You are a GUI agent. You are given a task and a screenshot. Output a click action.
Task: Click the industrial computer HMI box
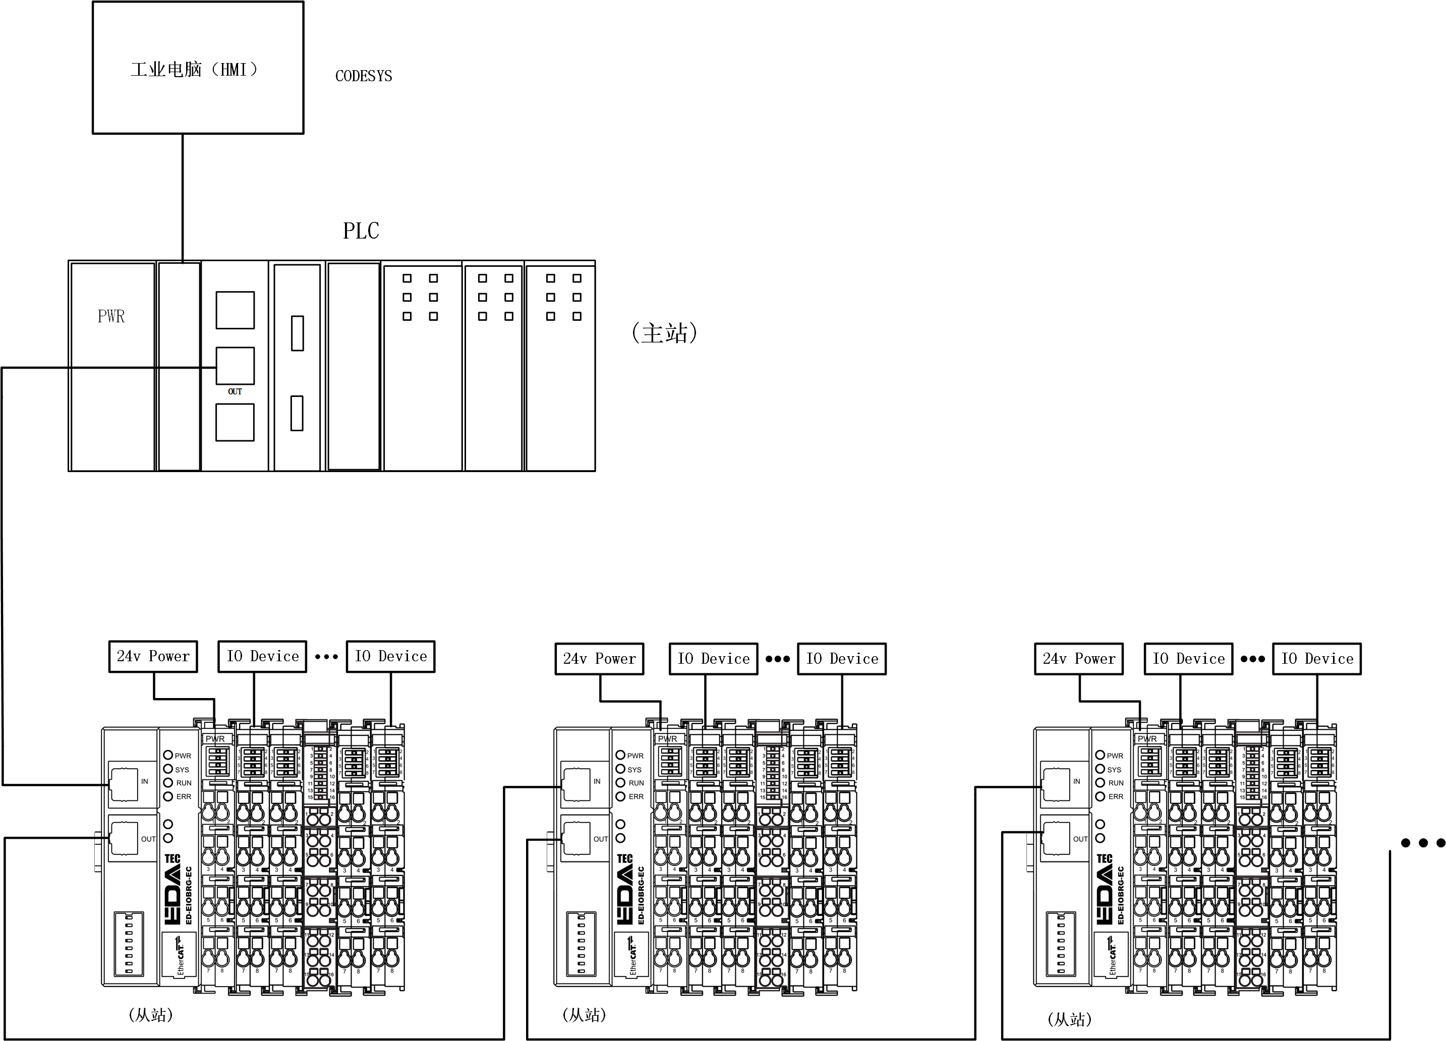pos(198,68)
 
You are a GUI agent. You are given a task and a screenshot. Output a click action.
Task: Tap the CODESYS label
pos(364,76)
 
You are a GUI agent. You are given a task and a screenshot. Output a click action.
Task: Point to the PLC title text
pos(361,231)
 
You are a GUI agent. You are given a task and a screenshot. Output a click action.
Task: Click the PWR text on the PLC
pos(111,316)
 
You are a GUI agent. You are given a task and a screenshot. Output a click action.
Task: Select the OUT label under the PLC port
pos(235,391)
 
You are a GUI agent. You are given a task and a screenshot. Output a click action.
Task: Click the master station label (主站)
pos(664,333)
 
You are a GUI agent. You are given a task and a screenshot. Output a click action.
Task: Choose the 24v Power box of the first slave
pos(153,657)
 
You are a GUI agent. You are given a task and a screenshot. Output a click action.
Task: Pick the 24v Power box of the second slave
pos(599,659)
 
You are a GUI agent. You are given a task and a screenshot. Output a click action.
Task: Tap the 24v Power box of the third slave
pos(1079,659)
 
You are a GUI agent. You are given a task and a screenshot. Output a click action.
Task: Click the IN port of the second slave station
pos(576,784)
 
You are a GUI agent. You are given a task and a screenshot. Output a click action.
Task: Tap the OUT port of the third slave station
pos(1056,838)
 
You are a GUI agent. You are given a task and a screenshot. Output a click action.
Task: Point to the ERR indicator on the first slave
pos(168,796)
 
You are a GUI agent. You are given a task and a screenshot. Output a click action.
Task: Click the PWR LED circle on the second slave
pos(620,755)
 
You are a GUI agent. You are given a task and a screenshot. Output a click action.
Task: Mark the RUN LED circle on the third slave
pos(1100,782)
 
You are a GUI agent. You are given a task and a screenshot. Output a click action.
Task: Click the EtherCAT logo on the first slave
pos(179,954)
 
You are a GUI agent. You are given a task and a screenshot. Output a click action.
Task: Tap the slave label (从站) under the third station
pos(1069,1019)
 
